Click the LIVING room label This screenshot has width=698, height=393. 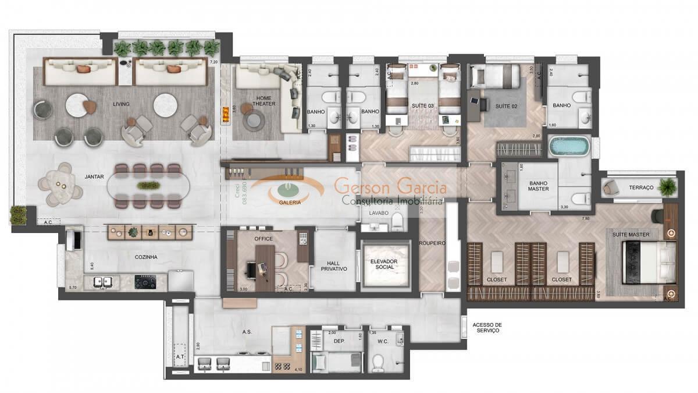tap(121, 104)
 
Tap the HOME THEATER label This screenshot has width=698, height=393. tap(264, 101)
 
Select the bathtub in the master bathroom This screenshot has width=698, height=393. tap(569, 146)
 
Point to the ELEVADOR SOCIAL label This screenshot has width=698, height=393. tap(383, 264)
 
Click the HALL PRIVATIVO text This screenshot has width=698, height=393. tap(334, 265)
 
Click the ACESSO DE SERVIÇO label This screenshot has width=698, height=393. tap(487, 328)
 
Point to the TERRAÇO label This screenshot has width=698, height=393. tap(642, 188)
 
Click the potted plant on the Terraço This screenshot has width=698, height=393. tap(668, 187)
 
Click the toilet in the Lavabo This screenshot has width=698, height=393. tap(398, 221)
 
